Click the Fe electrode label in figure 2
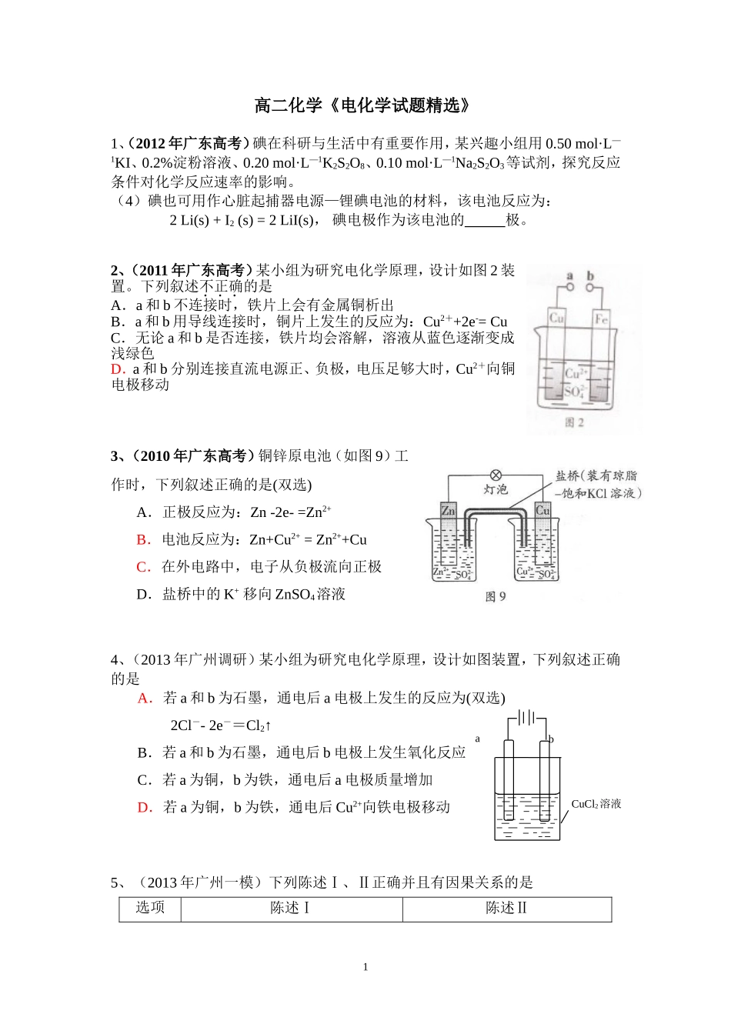(x=601, y=318)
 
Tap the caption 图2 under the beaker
(x=574, y=422)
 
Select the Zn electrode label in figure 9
(x=448, y=511)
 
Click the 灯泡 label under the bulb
(x=496, y=490)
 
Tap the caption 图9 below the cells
(x=496, y=596)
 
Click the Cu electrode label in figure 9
(x=542, y=510)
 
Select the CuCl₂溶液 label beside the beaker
(x=596, y=804)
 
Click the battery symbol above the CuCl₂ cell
(x=526, y=717)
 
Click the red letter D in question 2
(x=117, y=369)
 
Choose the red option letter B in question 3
(x=142, y=539)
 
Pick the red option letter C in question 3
(x=142, y=567)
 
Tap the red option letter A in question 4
(x=144, y=698)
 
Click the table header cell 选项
(x=150, y=908)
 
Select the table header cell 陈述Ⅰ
(x=291, y=908)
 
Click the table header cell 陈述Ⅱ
(x=506, y=908)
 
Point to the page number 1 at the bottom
(x=365, y=967)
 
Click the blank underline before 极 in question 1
(x=485, y=221)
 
